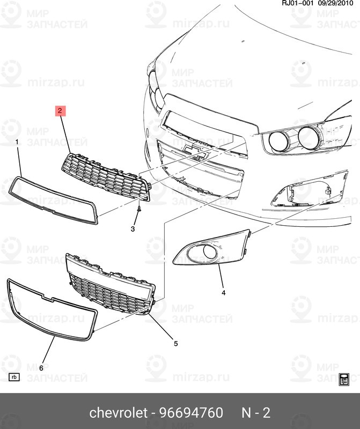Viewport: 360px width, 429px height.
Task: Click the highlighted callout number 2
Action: click(60, 111)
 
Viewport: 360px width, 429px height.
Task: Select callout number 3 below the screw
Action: click(133, 229)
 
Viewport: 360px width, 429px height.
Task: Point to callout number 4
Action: click(223, 293)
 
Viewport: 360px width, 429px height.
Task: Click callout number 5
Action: click(175, 343)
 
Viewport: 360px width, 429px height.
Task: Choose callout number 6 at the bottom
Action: click(41, 367)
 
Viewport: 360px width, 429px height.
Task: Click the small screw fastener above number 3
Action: click(138, 209)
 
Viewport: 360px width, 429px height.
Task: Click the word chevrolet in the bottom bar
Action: click(117, 413)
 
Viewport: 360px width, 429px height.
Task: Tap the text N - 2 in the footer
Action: click(255, 413)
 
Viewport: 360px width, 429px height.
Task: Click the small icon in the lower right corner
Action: click(344, 379)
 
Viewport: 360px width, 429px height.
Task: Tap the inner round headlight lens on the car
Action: click(280, 140)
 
